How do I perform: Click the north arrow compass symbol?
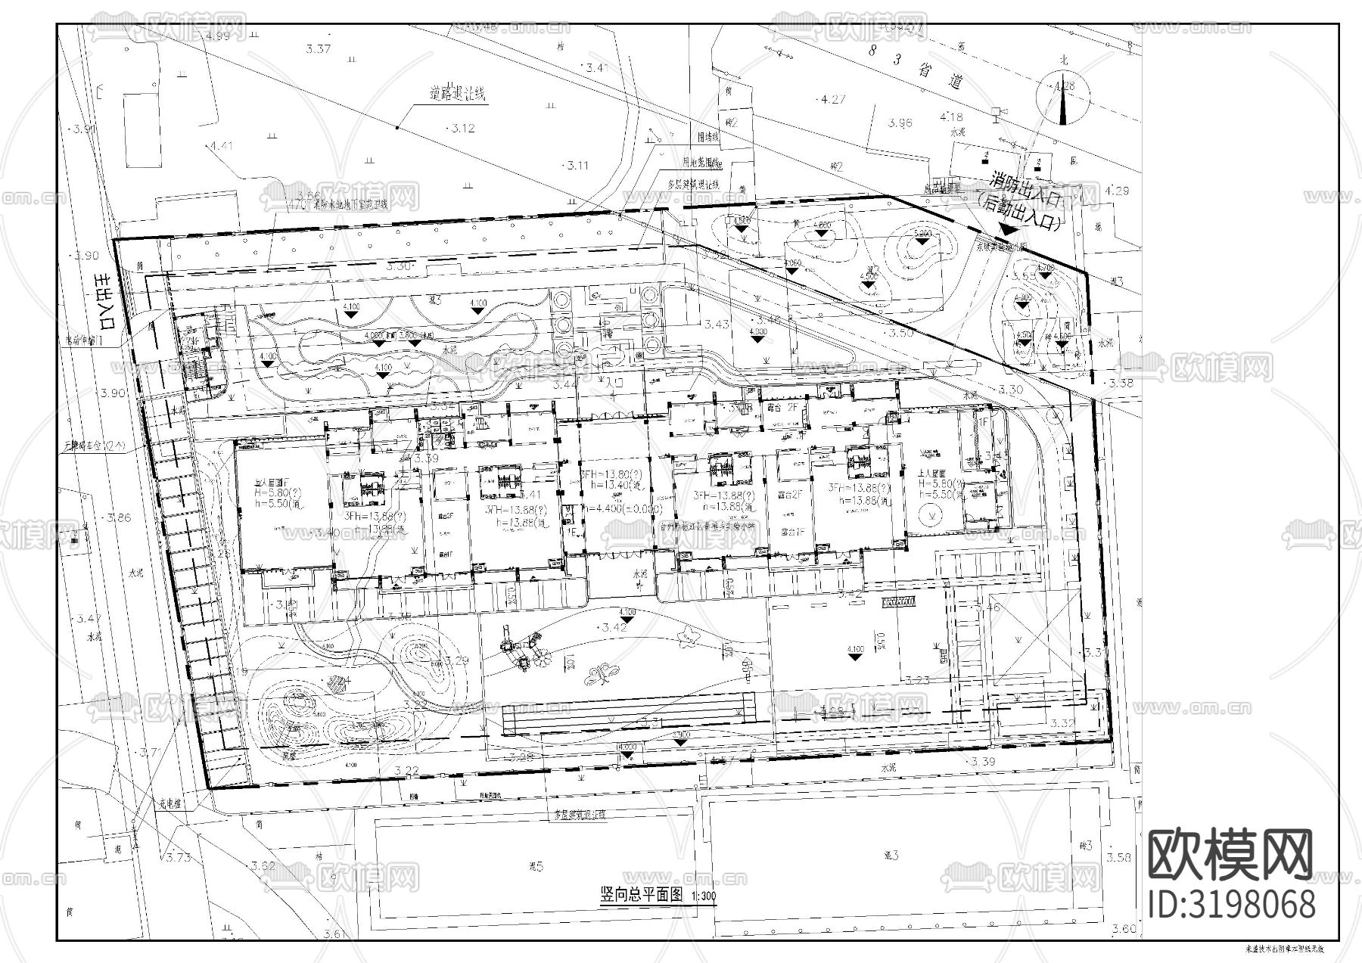pos(1064,99)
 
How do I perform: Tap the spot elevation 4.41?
pos(222,146)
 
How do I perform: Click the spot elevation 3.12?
pos(462,129)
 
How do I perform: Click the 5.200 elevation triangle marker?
pos(922,235)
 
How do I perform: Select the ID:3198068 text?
pos(1231,905)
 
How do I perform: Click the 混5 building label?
pos(536,867)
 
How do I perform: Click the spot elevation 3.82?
pos(263,865)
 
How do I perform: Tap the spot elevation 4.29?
pos(1117,191)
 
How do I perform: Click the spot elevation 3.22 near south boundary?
pos(406,770)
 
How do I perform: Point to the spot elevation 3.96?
pos(900,123)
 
